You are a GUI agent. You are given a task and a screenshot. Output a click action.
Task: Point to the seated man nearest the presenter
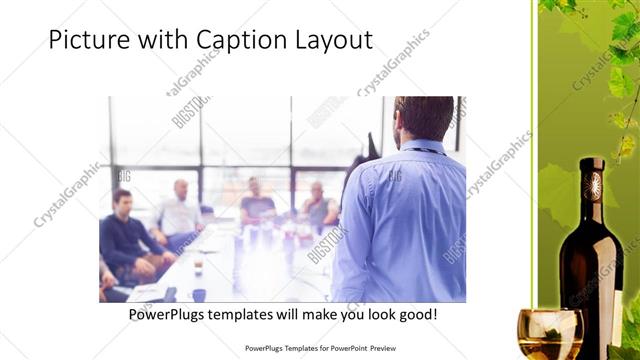[x=318, y=204]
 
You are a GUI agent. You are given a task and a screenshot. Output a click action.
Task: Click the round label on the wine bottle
[x=594, y=184]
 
